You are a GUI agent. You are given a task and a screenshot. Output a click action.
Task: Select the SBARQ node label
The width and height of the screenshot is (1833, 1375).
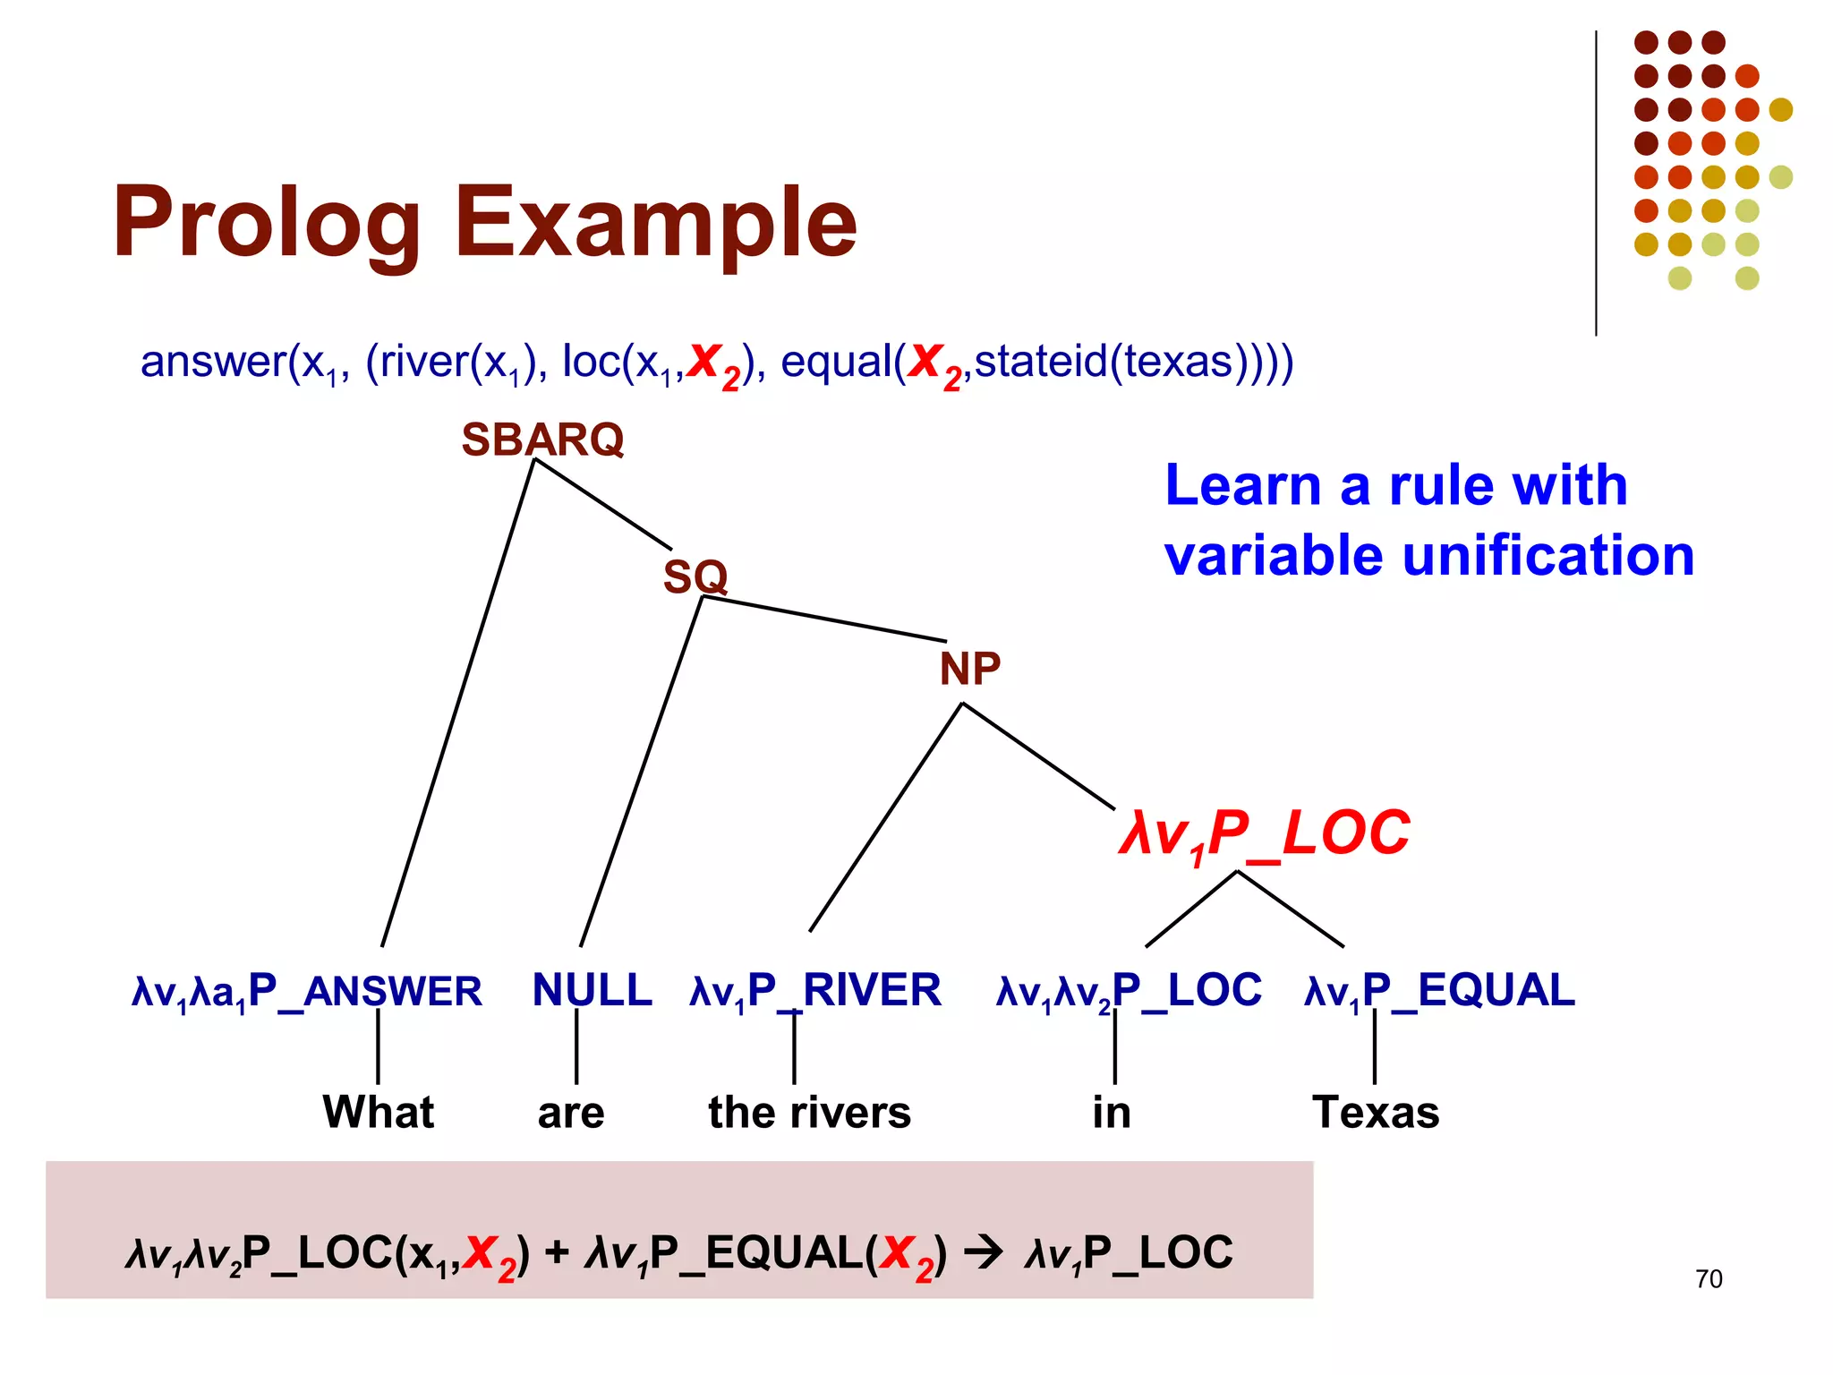click(542, 440)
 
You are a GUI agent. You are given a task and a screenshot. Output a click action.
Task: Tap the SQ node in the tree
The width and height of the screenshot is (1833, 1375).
click(695, 576)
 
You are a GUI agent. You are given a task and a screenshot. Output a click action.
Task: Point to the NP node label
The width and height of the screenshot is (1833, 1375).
click(969, 669)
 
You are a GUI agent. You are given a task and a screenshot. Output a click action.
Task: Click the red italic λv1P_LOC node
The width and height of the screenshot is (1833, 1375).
click(1264, 834)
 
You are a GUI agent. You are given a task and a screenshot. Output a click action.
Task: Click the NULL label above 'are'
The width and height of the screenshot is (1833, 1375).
click(592, 990)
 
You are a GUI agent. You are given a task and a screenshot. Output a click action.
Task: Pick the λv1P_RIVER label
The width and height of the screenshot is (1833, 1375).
click(815, 990)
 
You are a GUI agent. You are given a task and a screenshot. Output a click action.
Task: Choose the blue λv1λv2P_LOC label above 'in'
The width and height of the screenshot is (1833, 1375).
click(1129, 990)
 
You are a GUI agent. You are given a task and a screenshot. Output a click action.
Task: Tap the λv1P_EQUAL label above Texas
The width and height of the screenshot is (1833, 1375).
click(1439, 990)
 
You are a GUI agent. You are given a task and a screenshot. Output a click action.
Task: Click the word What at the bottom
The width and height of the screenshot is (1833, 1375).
click(378, 1112)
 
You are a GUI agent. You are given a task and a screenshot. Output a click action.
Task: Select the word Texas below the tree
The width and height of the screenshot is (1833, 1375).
click(1376, 1112)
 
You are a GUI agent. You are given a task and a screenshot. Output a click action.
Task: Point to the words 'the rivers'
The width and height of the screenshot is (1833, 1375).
click(809, 1112)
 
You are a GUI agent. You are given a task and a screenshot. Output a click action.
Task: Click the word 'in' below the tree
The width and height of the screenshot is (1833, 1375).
click(1112, 1112)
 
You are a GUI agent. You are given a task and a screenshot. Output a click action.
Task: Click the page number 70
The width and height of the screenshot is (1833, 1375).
click(1708, 1278)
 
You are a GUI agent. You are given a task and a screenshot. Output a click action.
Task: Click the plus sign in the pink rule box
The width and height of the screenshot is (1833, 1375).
click(557, 1252)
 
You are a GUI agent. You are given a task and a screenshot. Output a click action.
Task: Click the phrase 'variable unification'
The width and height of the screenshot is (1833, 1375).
click(1429, 555)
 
